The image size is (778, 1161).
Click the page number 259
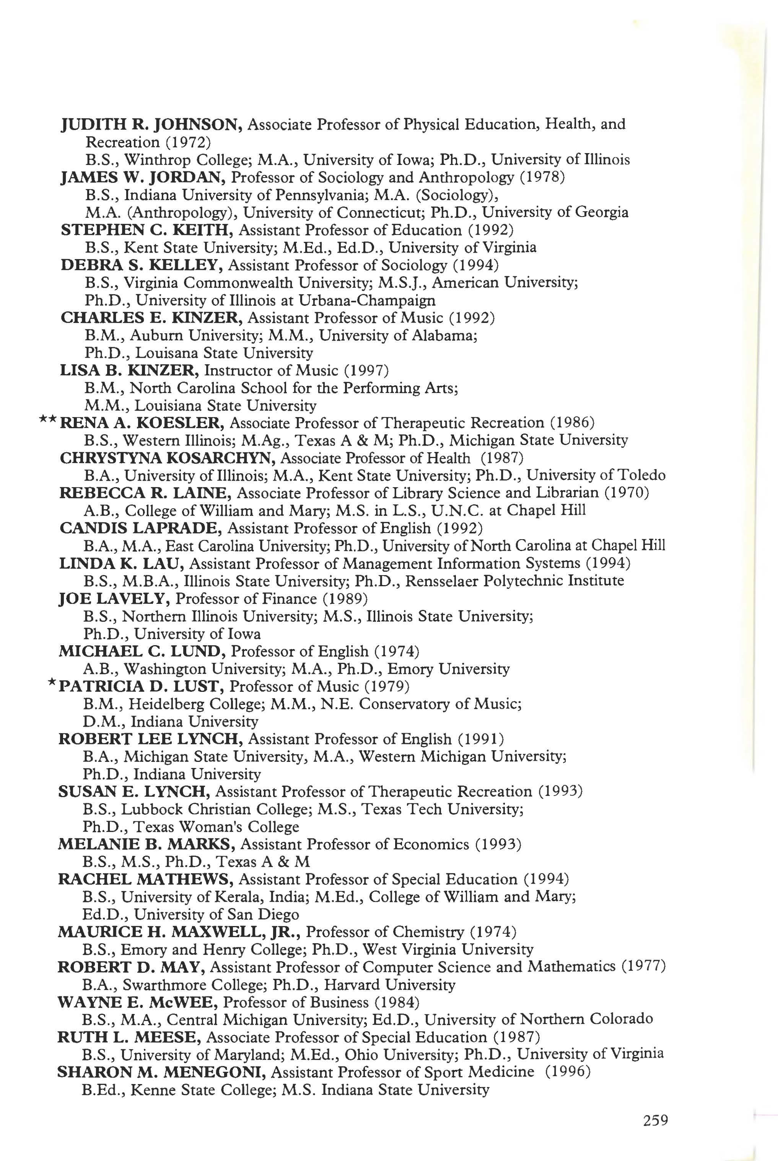tap(656, 1121)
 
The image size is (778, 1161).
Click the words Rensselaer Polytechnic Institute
tap(514, 581)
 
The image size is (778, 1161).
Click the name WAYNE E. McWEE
tap(137, 1002)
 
